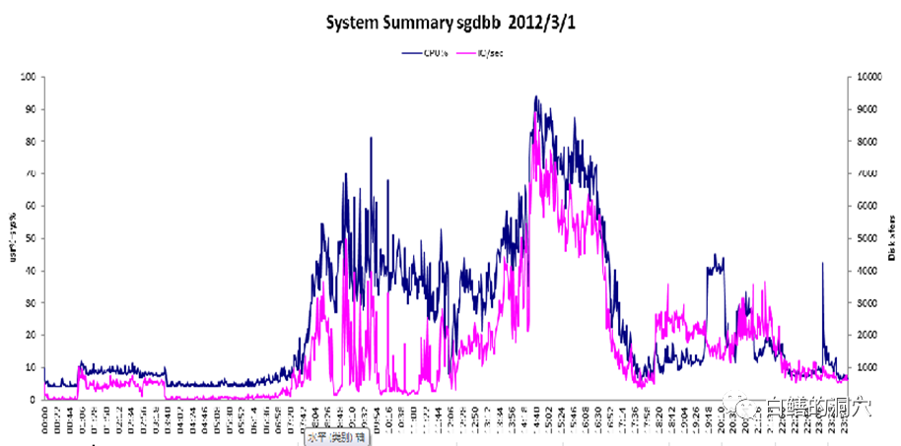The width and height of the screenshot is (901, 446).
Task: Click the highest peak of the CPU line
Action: pos(535,96)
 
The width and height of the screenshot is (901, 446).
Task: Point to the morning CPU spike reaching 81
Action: pos(371,138)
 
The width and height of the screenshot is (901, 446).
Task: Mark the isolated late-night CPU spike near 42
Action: pos(822,264)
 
